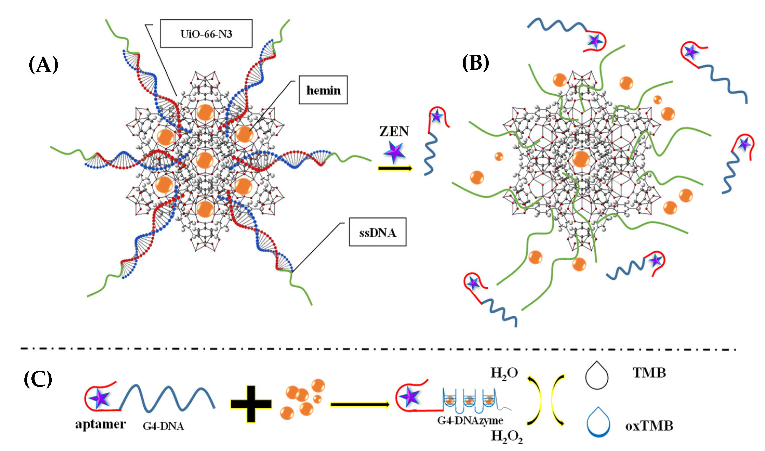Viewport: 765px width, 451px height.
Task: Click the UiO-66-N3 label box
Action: [206, 34]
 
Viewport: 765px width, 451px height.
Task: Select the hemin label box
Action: [323, 90]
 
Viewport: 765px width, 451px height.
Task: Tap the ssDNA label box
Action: [378, 232]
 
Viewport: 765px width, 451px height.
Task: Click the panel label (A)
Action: [43, 64]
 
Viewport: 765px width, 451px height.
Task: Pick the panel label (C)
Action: [38, 379]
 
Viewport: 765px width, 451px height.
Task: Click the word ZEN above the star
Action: [394, 131]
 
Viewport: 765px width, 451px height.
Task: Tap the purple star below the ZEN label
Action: [394, 152]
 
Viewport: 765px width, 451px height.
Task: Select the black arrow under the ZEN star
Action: [395, 168]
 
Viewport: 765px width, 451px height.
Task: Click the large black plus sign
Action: [251, 404]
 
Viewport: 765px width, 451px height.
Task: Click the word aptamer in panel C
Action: [100, 424]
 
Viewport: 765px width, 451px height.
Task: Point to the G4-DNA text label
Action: [164, 426]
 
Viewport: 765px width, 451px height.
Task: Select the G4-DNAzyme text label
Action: [470, 421]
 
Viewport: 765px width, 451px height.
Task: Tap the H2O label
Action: [504, 373]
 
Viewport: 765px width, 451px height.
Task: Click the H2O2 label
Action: [507, 437]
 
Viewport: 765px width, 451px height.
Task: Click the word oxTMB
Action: [649, 426]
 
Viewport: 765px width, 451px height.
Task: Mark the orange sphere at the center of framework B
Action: [581, 159]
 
